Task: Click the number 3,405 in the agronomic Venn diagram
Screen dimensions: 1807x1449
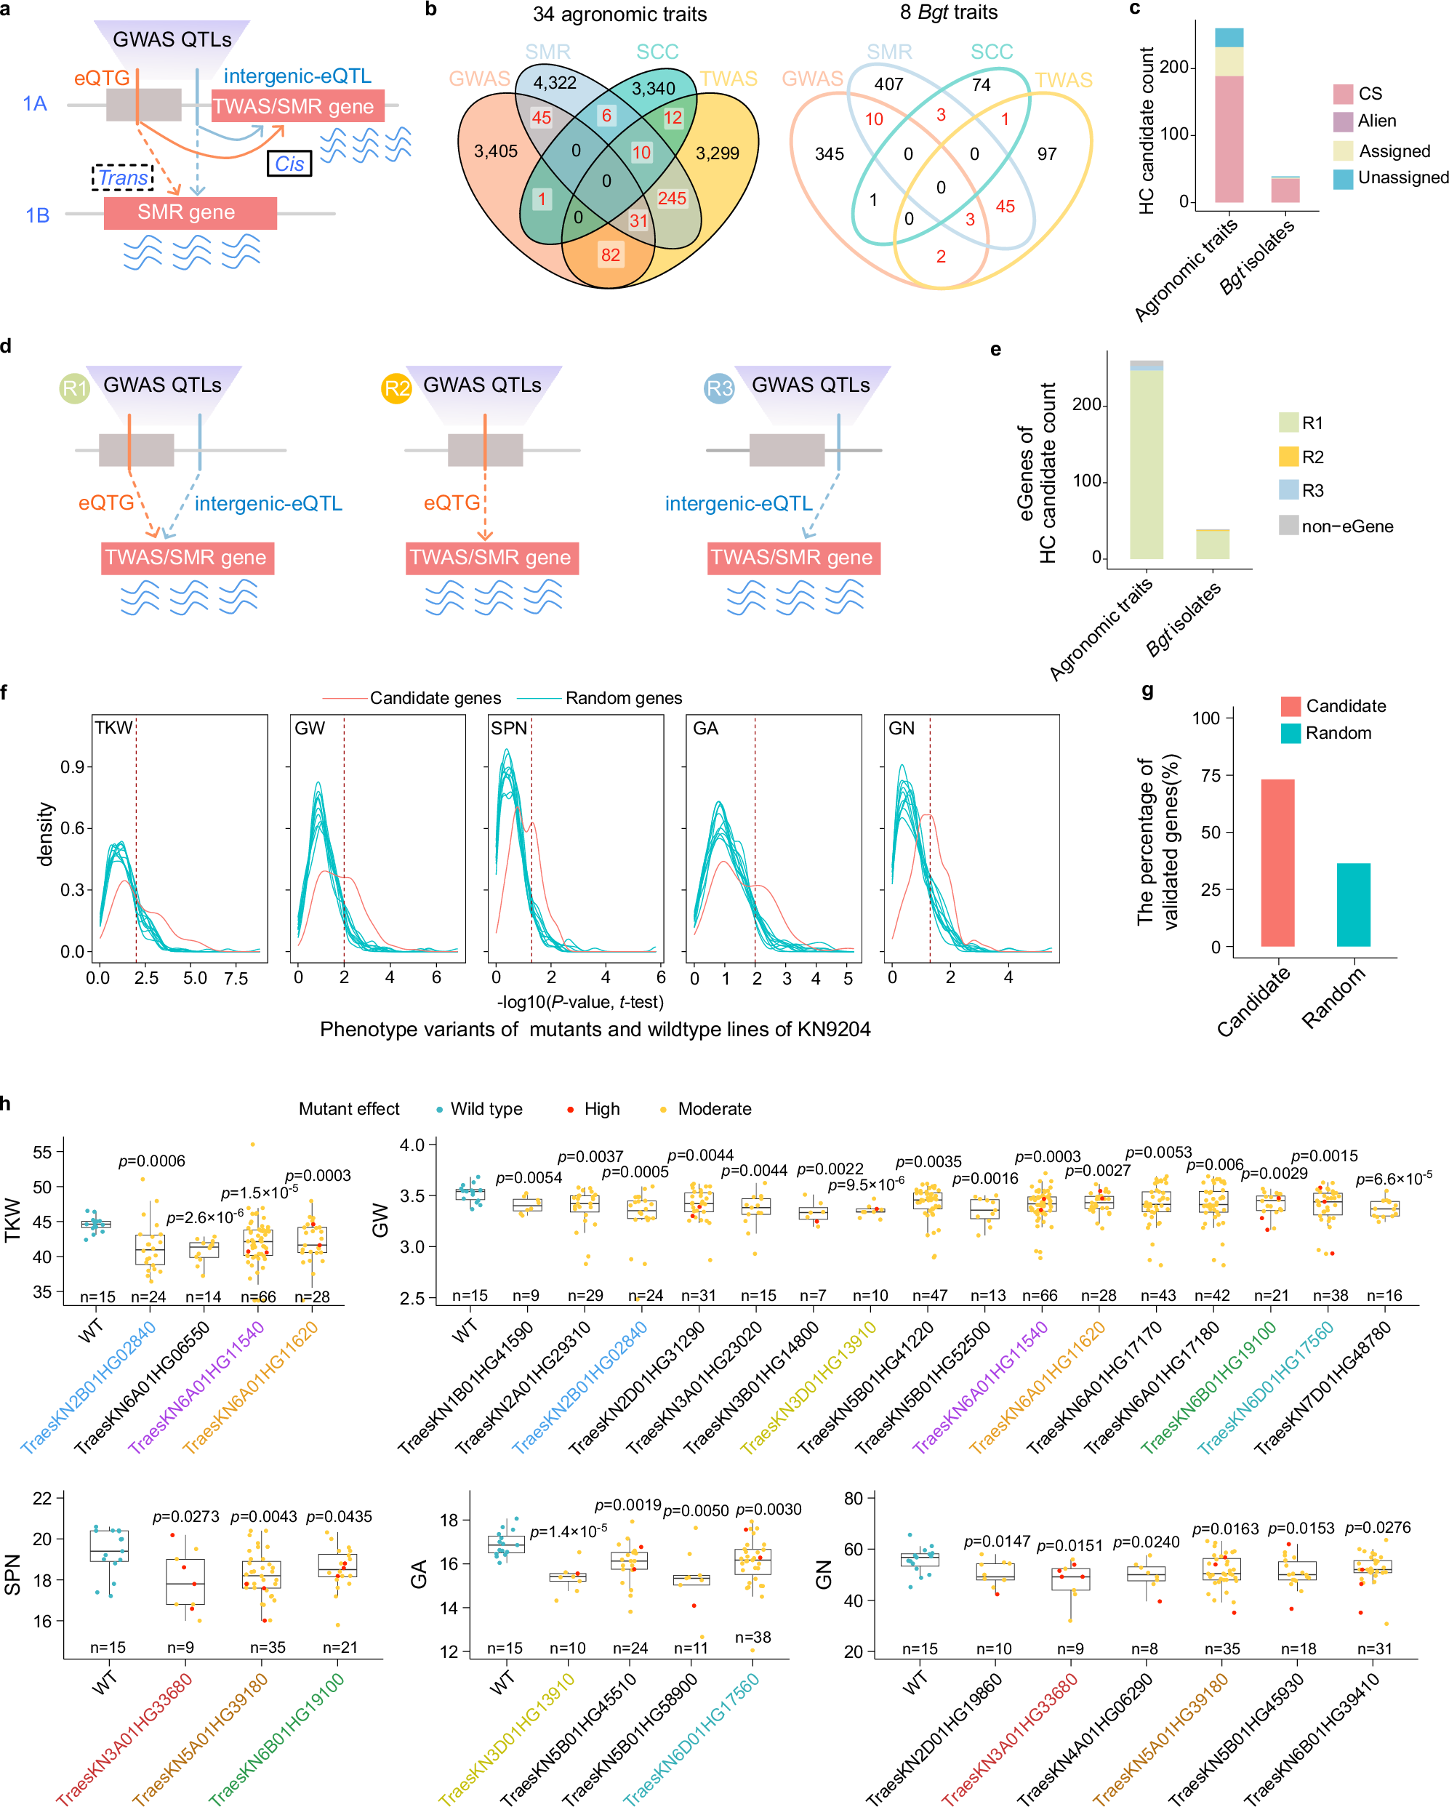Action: coord(496,152)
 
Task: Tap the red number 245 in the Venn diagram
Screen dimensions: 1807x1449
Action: coord(671,199)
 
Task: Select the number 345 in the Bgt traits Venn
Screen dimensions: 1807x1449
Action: coord(829,154)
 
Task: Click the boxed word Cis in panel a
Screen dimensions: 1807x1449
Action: coord(289,164)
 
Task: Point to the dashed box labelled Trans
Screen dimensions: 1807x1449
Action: coord(122,177)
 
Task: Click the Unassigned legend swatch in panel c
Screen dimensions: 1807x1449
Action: coord(1344,179)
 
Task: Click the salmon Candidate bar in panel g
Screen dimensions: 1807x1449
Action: coord(1277,862)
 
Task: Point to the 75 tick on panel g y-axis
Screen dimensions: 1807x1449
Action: coord(1210,775)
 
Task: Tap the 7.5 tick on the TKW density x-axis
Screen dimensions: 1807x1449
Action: coord(236,978)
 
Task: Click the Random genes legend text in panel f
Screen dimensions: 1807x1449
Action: coord(624,698)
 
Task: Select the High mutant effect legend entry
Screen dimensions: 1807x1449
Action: coord(593,1109)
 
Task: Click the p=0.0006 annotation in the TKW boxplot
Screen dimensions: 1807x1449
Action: coord(152,1161)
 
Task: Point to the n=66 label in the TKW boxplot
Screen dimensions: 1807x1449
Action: coord(258,1297)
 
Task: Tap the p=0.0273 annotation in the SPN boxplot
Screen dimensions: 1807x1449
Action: coord(186,1517)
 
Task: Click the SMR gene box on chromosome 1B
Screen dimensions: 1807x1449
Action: coord(190,213)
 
